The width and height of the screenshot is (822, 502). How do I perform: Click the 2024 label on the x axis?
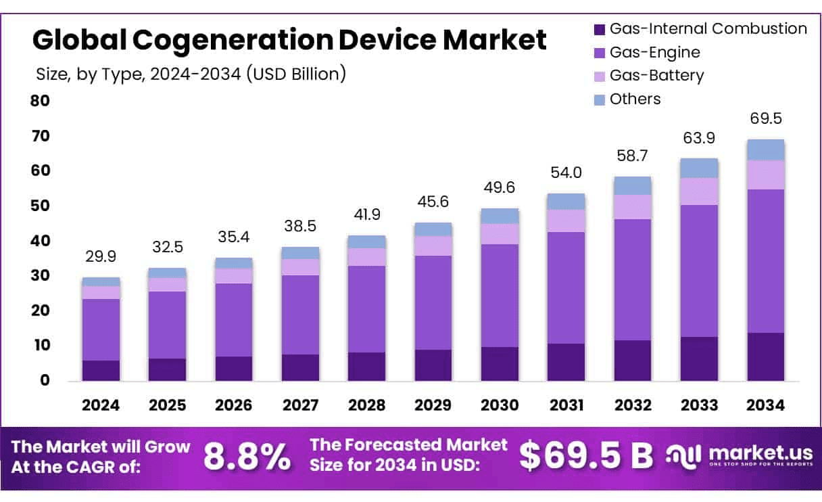pos(101,405)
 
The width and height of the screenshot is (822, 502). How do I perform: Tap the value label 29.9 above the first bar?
pos(101,256)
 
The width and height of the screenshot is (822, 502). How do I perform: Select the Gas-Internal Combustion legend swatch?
pos(599,29)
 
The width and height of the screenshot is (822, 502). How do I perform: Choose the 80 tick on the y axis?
pos(40,101)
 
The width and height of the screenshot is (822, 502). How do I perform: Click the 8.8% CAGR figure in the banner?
pos(247,457)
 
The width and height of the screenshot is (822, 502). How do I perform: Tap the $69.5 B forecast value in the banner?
pos(586,457)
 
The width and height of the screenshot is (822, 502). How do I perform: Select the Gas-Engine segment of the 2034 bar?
pos(766,260)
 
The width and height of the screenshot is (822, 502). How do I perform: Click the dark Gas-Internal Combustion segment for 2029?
pos(433,365)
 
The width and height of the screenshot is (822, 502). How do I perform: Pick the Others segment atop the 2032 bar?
pos(633,185)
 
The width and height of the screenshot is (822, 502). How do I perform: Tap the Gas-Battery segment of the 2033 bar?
pos(699,191)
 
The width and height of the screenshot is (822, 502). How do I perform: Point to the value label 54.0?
pos(566,173)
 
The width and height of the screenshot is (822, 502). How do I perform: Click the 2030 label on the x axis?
pos(500,405)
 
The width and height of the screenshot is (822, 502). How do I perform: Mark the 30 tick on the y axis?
pos(40,275)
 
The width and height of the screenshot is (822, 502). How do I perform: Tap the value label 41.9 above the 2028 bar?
pos(367,214)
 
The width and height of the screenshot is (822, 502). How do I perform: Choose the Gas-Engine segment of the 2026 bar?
pos(234,319)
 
